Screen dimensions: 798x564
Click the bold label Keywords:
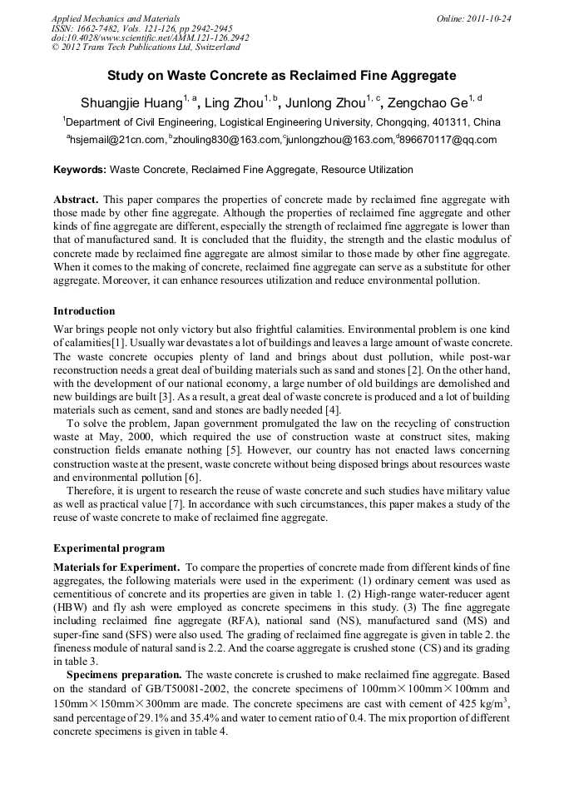pyautogui.click(x=80, y=170)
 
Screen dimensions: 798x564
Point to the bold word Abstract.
pyautogui.click(x=76, y=201)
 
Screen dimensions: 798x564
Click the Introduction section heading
pyautogui.click(x=84, y=311)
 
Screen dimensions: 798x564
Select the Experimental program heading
pyautogui.click(x=109, y=548)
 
